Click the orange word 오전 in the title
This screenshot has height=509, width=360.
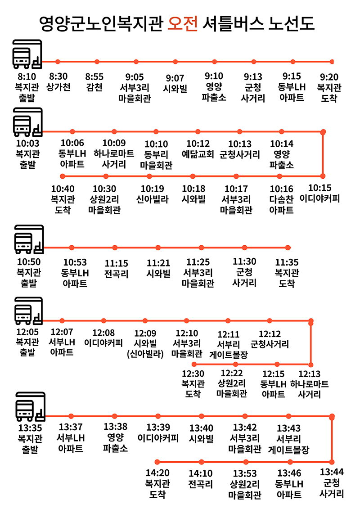[183, 23]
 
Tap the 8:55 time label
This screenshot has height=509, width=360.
[94, 77]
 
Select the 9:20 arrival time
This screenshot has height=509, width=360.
[329, 77]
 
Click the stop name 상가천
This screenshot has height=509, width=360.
[58, 87]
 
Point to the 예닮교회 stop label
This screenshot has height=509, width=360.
[198, 154]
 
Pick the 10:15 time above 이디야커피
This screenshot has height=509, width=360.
[320, 188]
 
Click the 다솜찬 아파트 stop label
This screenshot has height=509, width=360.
[281, 204]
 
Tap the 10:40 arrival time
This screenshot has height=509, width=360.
[63, 189]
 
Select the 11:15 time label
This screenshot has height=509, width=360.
[116, 263]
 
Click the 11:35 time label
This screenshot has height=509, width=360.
[287, 262]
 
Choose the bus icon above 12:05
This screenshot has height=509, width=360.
[28, 311]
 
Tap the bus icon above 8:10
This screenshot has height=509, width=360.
[27, 54]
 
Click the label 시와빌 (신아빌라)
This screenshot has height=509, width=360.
[145, 348]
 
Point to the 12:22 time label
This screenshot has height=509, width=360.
[232, 373]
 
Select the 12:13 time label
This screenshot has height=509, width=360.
[309, 374]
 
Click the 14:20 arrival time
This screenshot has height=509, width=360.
[157, 473]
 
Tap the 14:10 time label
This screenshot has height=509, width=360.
[201, 473]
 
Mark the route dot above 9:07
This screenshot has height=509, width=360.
[175, 62]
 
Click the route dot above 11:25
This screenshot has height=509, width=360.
[201, 248]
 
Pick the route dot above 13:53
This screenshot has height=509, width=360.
[246, 462]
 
